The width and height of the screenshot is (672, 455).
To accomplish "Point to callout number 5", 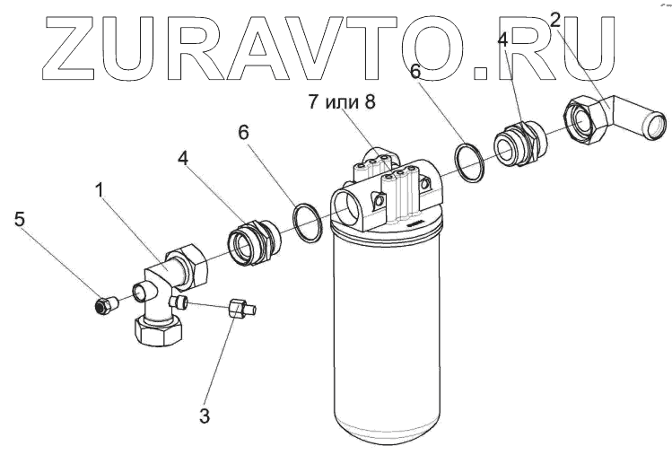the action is point(19,219).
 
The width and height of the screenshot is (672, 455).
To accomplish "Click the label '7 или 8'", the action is point(342,101).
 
